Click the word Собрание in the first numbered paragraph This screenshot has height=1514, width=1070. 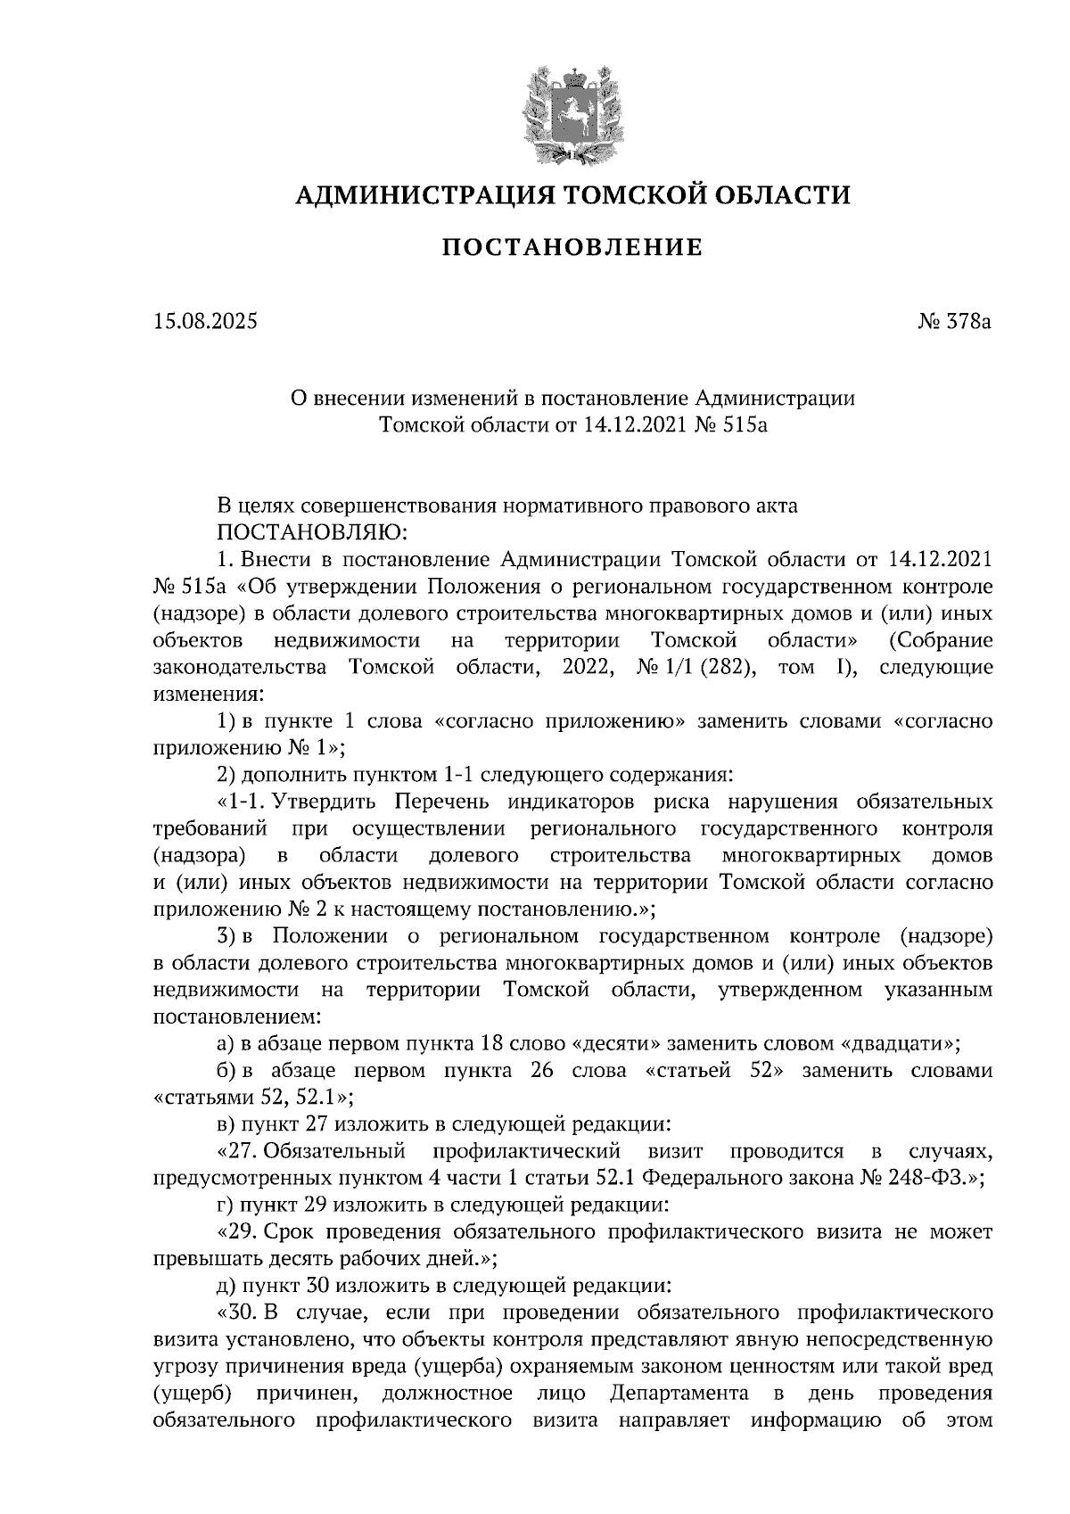tap(941, 640)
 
